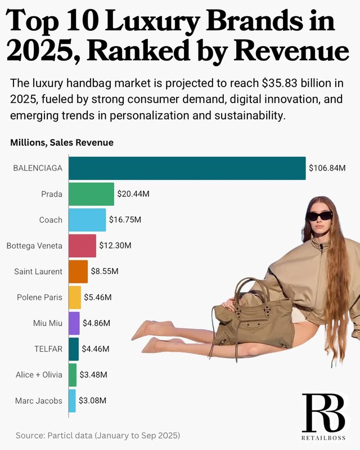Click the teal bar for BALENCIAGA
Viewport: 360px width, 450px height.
coord(187,168)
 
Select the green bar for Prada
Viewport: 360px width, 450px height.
coord(91,194)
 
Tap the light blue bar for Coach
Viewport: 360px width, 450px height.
coord(87,220)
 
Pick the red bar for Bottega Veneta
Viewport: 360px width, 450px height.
coord(82,246)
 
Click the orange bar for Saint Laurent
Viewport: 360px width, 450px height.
coord(78,272)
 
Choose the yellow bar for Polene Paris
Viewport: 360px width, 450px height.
coord(75,298)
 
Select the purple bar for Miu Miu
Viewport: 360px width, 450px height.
coord(74,323)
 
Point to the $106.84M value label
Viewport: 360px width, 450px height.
coord(327,168)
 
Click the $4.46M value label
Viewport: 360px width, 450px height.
coord(96,349)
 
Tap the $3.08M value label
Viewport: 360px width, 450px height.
coord(92,401)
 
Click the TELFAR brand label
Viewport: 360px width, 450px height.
coord(49,349)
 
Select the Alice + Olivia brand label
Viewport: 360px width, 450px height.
coord(39,375)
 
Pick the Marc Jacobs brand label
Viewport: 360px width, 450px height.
coord(39,401)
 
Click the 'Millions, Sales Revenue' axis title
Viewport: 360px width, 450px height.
coord(62,143)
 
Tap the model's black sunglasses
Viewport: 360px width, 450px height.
coord(319,215)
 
